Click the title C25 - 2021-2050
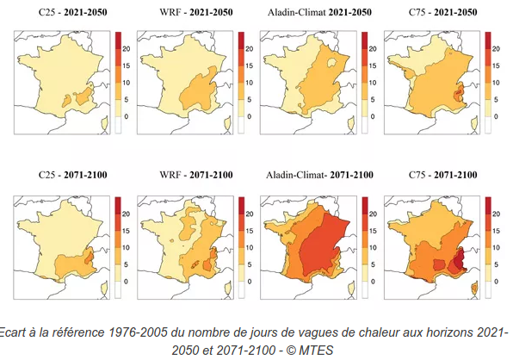(x=72, y=12)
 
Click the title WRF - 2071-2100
(x=196, y=175)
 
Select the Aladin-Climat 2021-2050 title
(x=319, y=12)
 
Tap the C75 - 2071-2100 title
(x=443, y=175)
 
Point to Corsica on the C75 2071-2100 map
(x=475, y=289)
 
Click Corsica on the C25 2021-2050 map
(x=105, y=124)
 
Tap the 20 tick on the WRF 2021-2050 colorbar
(x=250, y=49)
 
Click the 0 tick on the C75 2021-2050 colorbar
(x=496, y=116)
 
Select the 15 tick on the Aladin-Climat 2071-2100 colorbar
(x=373, y=231)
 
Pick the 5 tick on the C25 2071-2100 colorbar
(x=126, y=264)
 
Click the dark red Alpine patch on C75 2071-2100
(x=460, y=259)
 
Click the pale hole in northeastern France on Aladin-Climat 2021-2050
(x=332, y=62)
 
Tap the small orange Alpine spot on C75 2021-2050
(x=459, y=93)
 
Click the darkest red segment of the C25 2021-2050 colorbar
(x=118, y=40)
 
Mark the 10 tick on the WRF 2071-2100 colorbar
(x=250, y=247)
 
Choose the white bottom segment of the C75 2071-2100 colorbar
(x=488, y=289)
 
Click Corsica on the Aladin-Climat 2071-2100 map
(x=351, y=289)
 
